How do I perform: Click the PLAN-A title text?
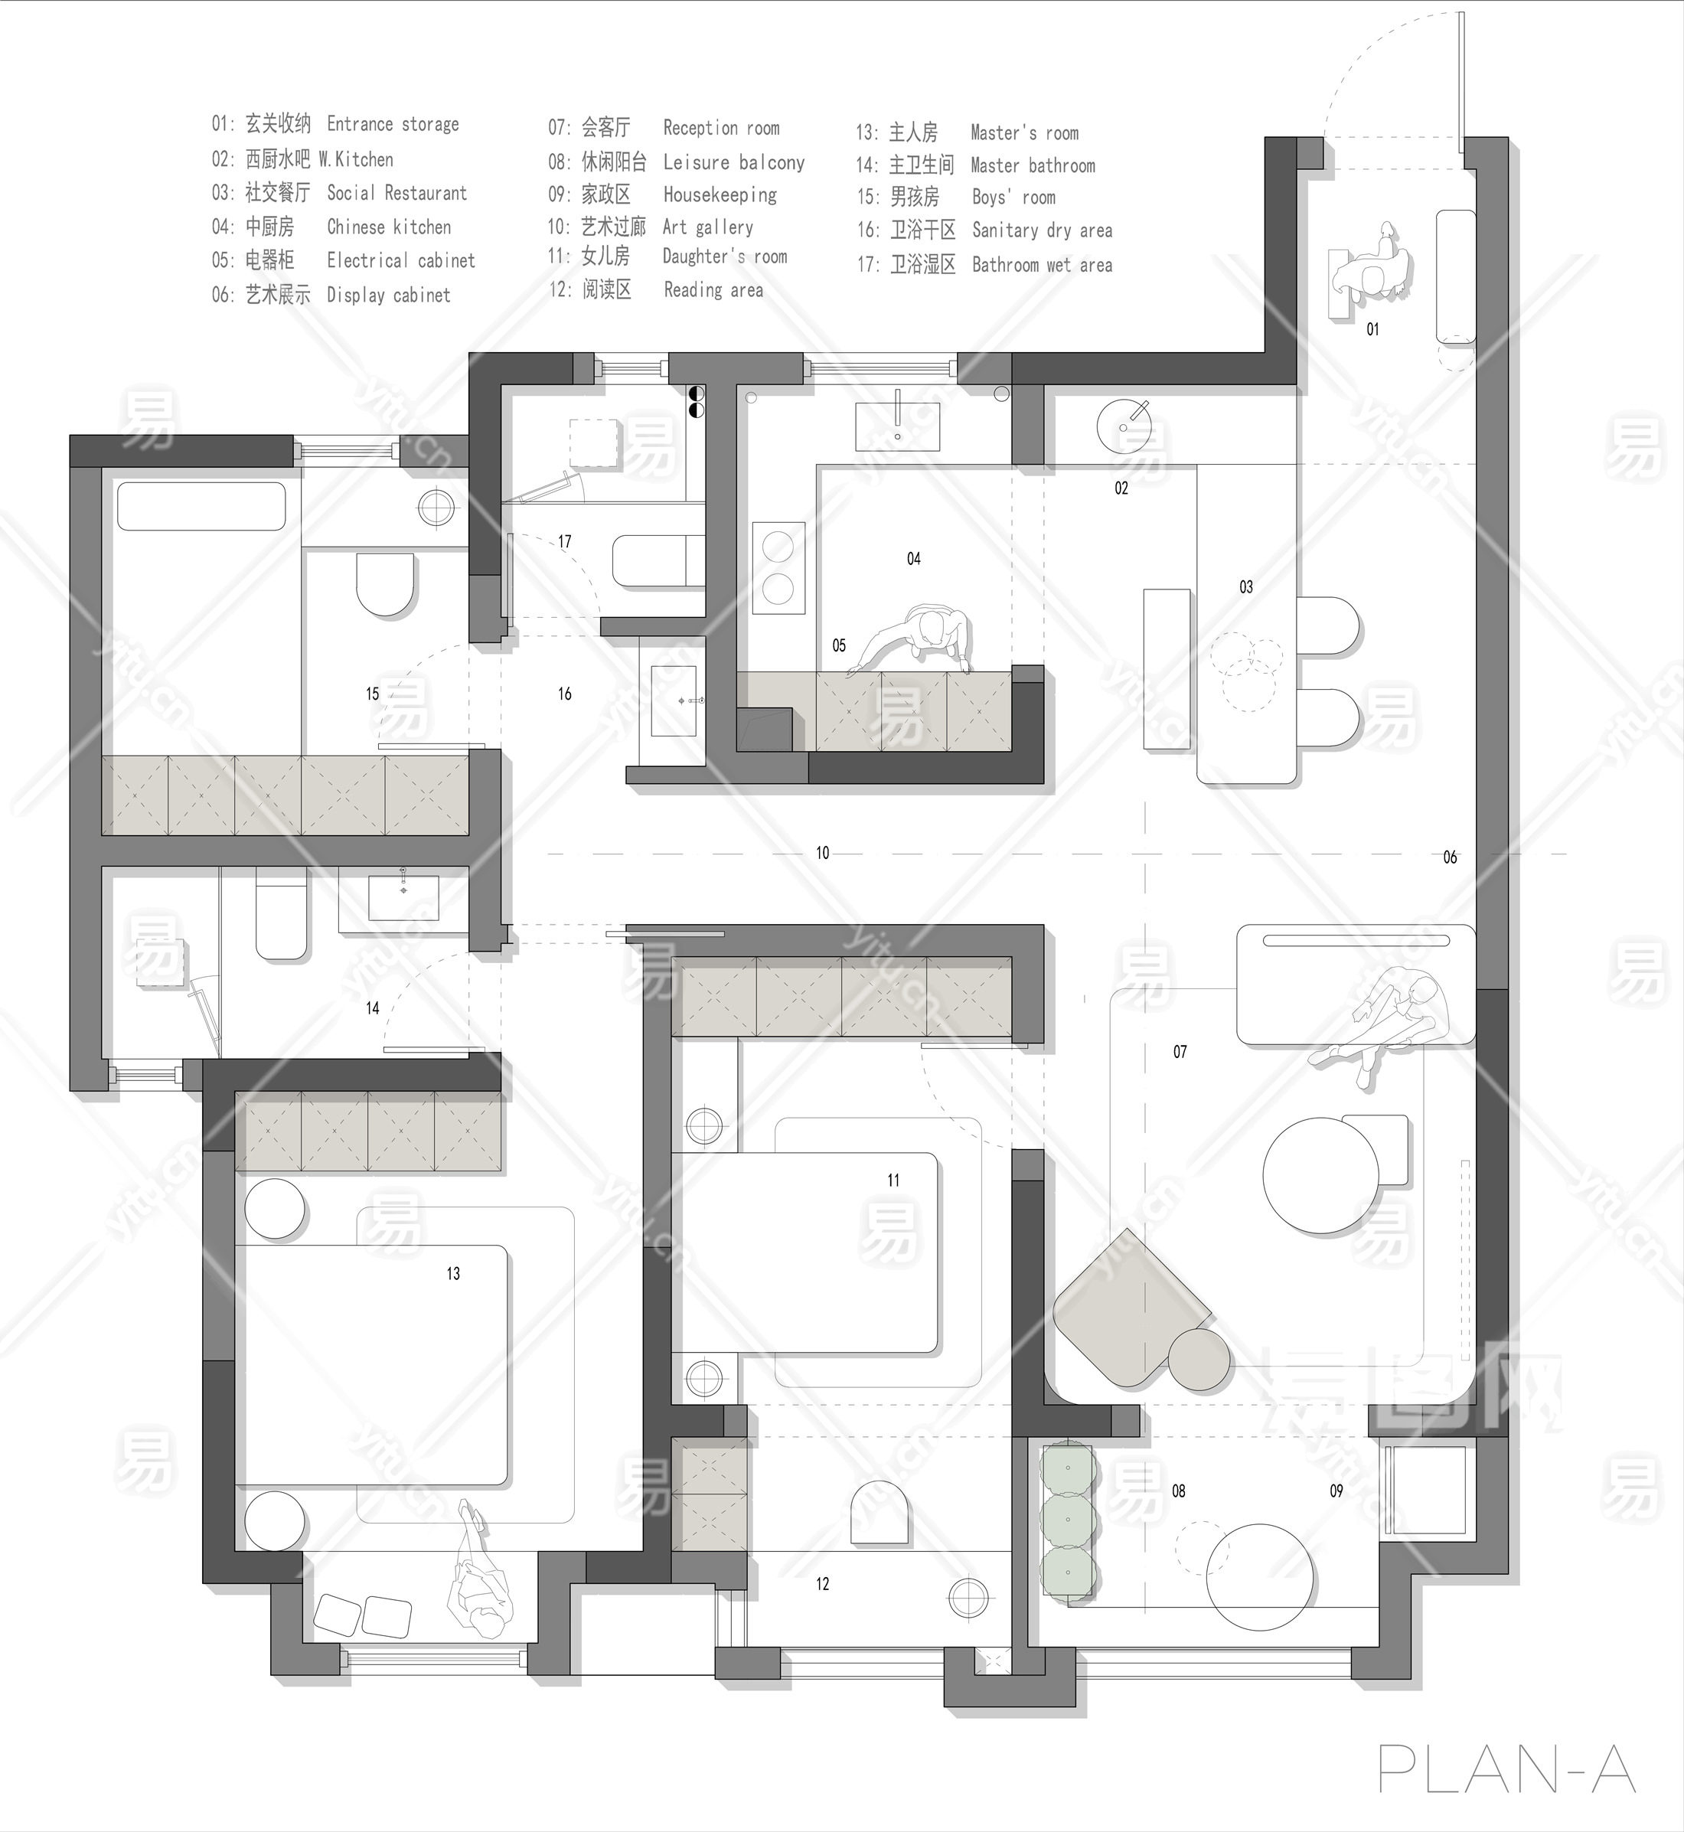click(x=1507, y=1770)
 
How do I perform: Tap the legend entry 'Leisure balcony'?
click(x=733, y=162)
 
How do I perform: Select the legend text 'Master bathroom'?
click(x=1033, y=165)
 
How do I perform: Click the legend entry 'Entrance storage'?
click(x=393, y=124)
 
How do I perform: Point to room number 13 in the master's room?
click(x=453, y=1273)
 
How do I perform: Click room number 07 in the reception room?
click(x=1180, y=1052)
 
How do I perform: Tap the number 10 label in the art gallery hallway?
click(x=822, y=852)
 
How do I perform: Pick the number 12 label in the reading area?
click(x=822, y=1584)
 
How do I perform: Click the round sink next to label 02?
click(x=1124, y=426)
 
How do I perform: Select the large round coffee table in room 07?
click(x=1320, y=1176)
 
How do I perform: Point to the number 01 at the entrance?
click(x=1372, y=329)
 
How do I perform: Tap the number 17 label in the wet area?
click(x=565, y=541)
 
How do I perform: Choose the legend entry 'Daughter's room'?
click(x=724, y=257)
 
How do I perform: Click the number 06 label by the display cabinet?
click(x=1450, y=857)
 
